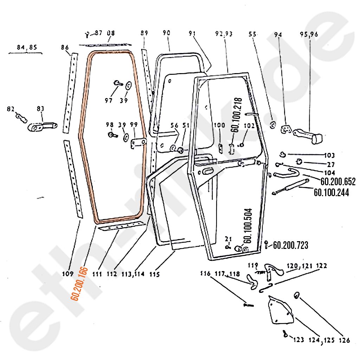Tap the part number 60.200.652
pyautogui.click(x=338, y=182)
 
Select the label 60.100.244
pyautogui.click(x=331, y=193)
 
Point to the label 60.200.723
pyautogui.click(x=290, y=245)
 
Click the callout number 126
pyautogui.click(x=345, y=340)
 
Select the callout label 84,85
pyautogui.click(x=27, y=47)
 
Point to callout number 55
pyautogui.click(x=252, y=34)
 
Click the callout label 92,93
pyautogui.click(x=224, y=34)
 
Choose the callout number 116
pyautogui.click(x=205, y=274)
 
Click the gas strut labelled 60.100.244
pyautogui.click(x=290, y=186)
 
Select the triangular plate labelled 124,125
pyautogui.click(x=280, y=311)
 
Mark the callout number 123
pyautogui.click(x=298, y=340)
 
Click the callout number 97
pyautogui.click(x=108, y=101)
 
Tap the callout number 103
pyautogui.click(x=329, y=156)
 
